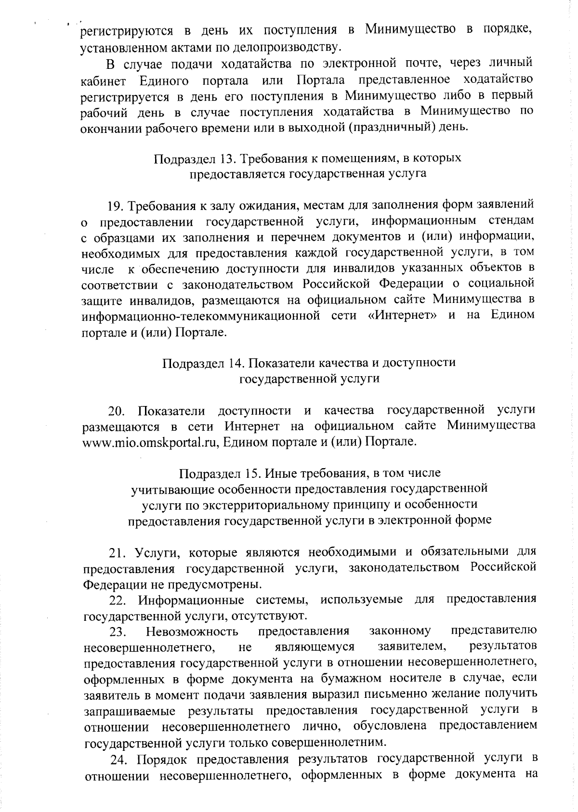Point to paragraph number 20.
click(117, 411)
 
